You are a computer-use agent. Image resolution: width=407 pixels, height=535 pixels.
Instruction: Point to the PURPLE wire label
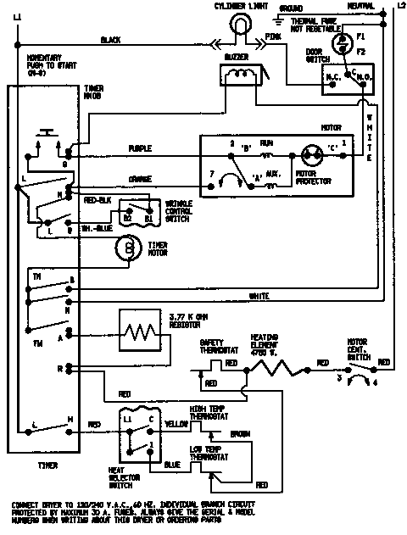point(139,148)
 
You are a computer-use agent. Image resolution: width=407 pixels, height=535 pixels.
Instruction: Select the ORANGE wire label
point(140,179)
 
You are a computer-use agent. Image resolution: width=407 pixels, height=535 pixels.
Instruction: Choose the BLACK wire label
point(110,40)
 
